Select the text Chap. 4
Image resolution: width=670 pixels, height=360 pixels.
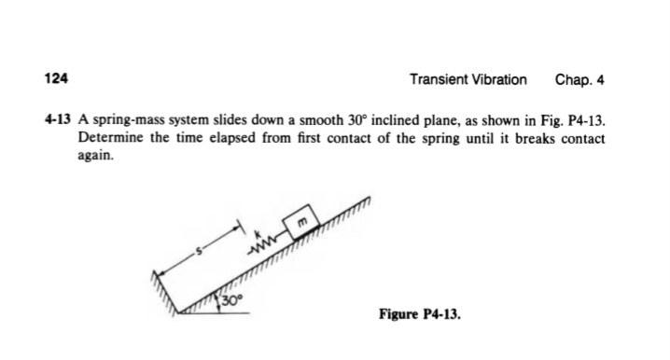pos(579,79)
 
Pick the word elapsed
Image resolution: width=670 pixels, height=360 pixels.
pos(230,138)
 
